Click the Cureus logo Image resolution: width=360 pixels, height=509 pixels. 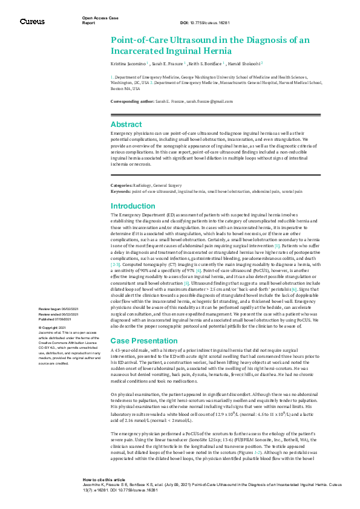31,22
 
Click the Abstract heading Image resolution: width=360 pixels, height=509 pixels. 126,124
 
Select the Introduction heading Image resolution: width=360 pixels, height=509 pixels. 133,206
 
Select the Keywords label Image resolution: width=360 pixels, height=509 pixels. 121,190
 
